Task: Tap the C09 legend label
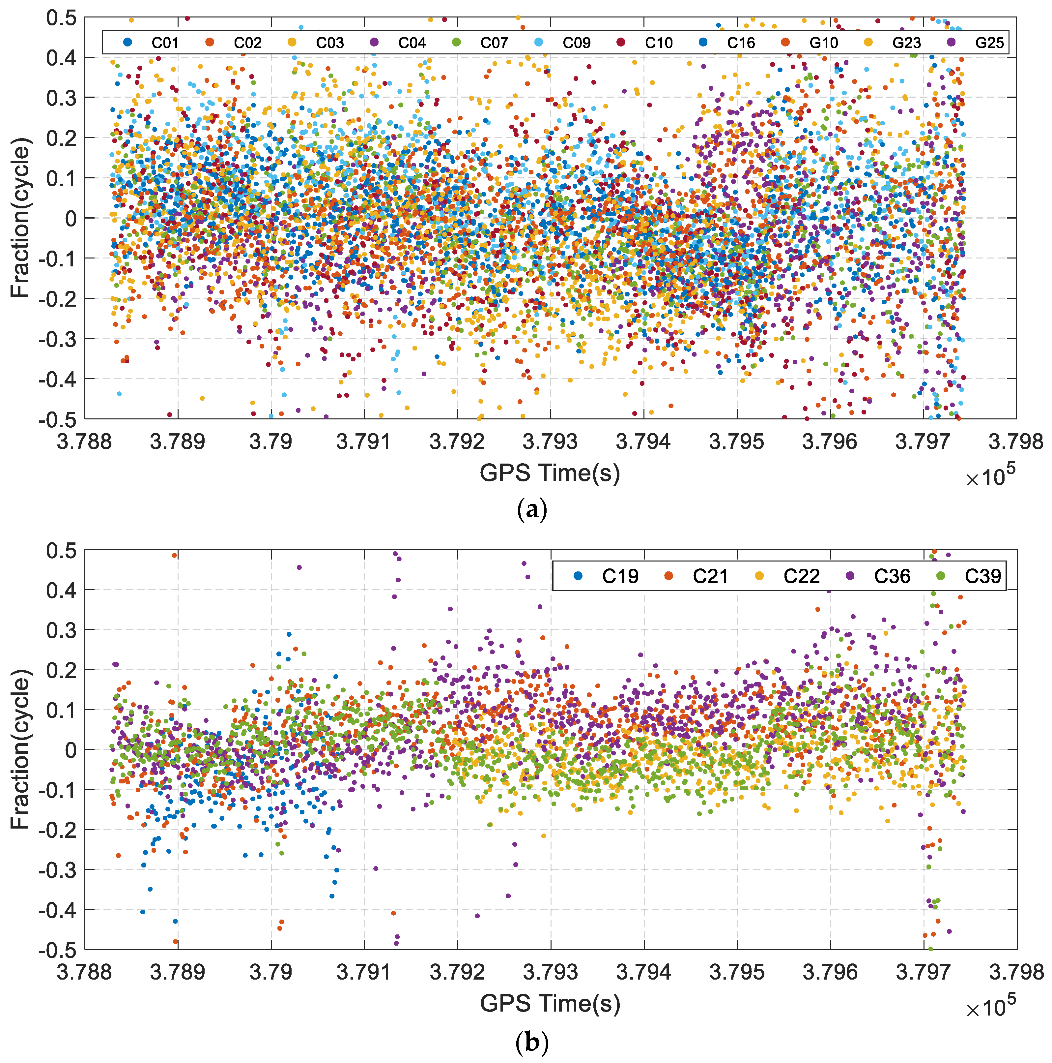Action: coord(576,43)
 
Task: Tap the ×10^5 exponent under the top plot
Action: coord(990,476)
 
